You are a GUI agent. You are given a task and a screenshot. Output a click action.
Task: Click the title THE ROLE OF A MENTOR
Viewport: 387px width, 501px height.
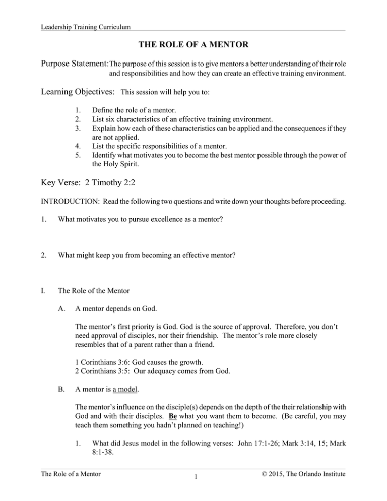193,46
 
